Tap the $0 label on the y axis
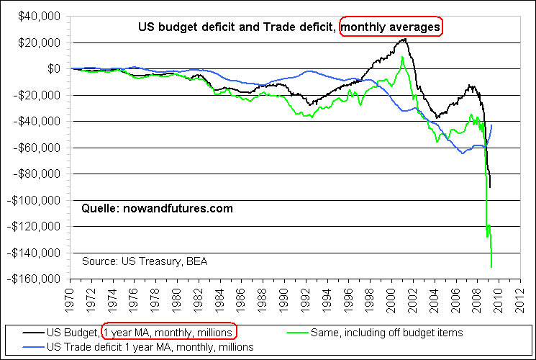coord(55,69)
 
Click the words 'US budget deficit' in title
coord(179,27)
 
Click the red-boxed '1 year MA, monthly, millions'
coord(168,333)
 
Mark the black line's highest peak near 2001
coord(405,39)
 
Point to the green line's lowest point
coord(491,267)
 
